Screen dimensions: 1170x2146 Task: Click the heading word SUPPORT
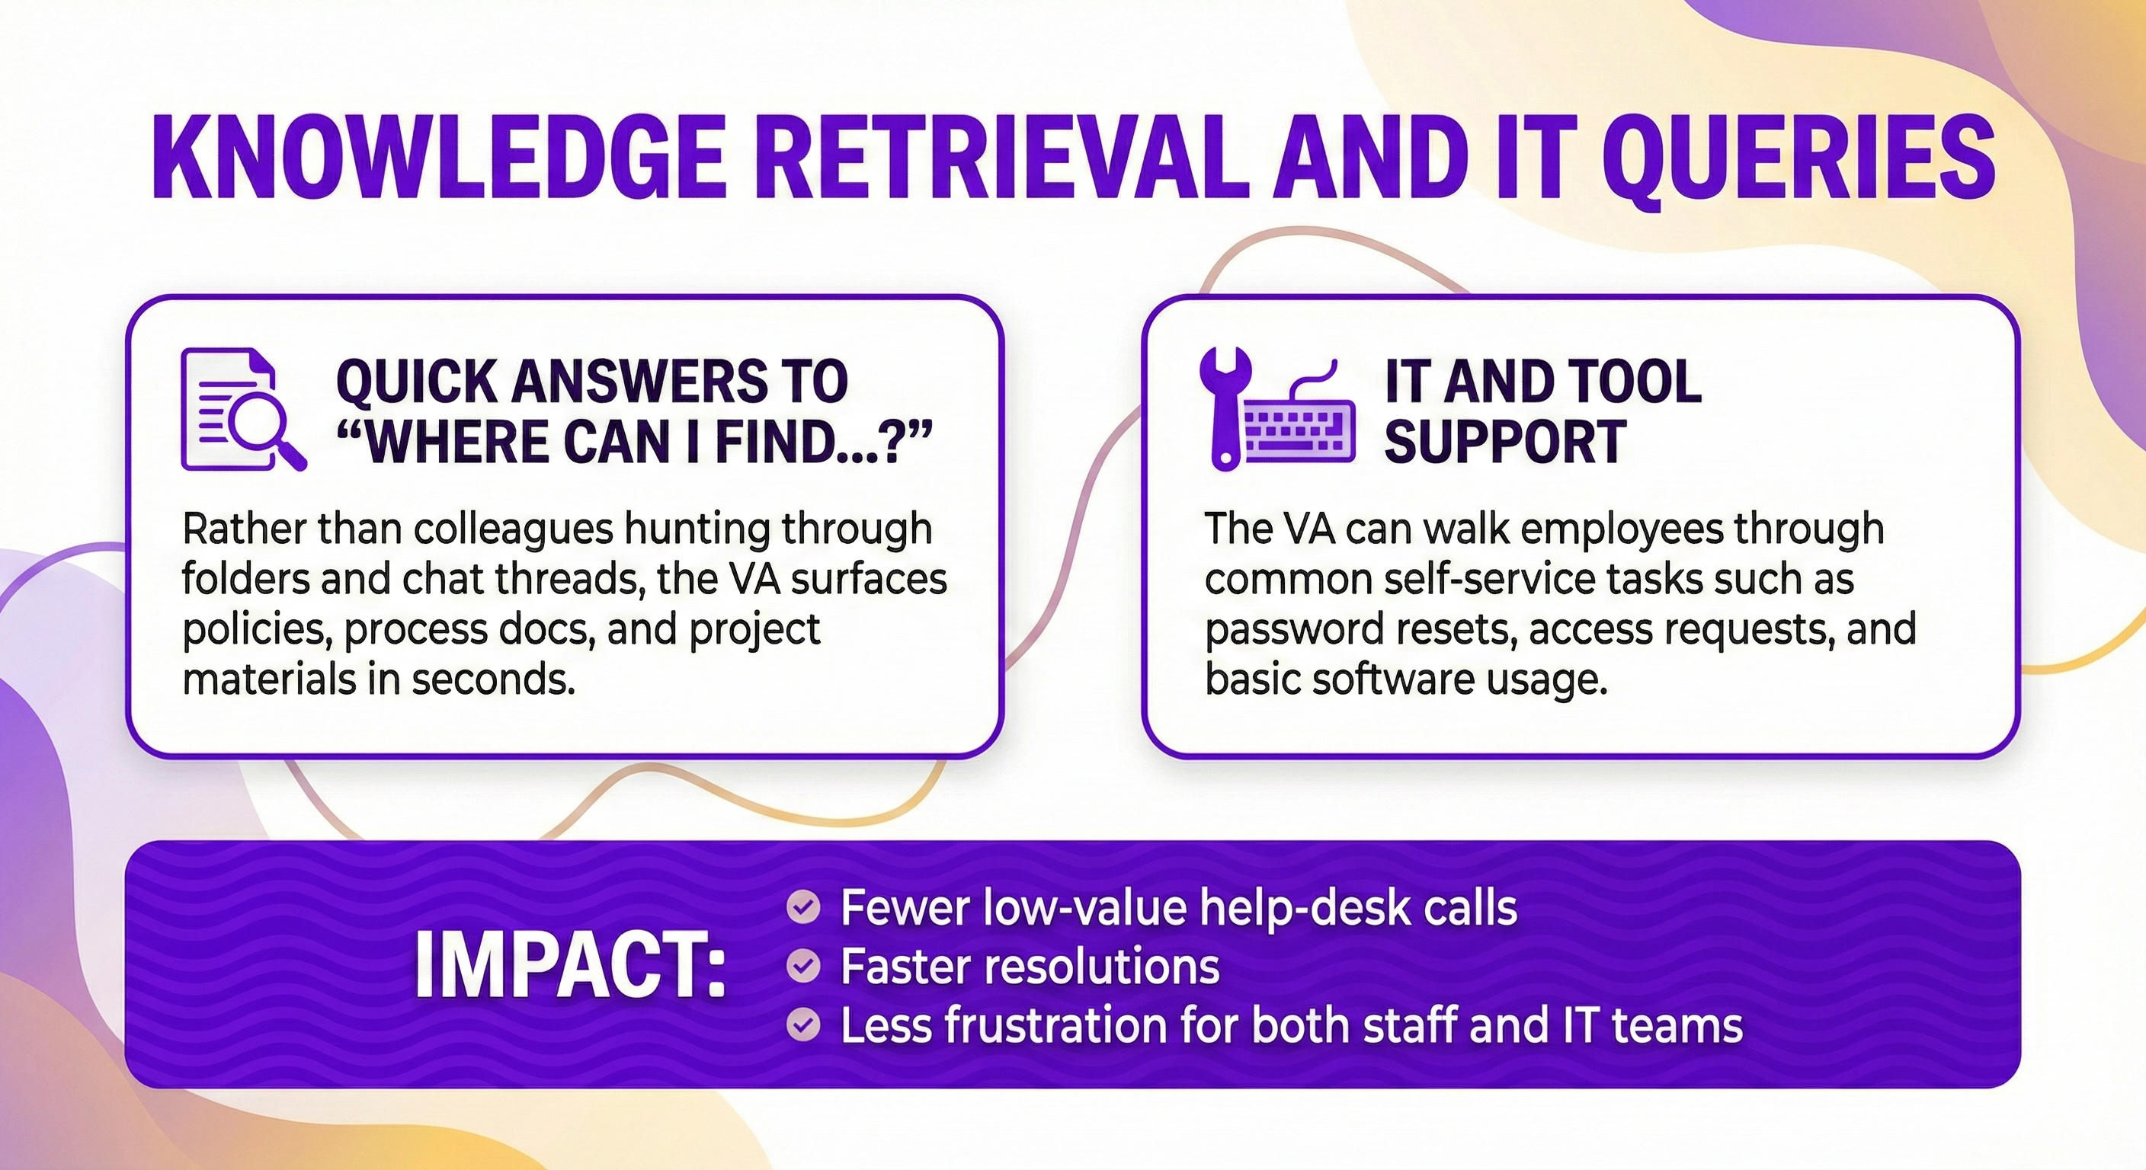(1504, 441)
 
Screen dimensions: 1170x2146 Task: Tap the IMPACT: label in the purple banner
(570, 966)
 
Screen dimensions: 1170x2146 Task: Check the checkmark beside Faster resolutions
(803, 966)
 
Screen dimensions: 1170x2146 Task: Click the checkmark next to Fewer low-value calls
(803, 908)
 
